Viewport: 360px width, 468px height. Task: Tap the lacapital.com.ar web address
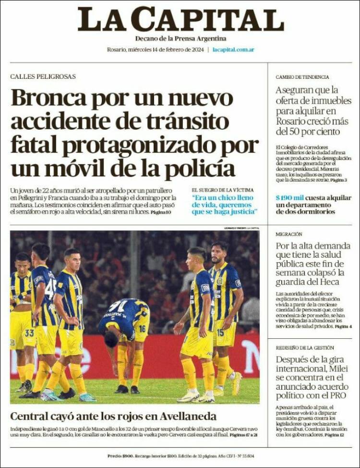(233, 49)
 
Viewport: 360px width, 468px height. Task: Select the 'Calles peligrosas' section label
(43, 76)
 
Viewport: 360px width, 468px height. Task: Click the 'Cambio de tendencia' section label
(302, 77)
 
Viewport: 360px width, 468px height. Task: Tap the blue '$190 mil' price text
(289, 197)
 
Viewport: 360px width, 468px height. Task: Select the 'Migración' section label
(289, 234)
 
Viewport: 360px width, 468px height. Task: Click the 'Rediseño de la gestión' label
(305, 347)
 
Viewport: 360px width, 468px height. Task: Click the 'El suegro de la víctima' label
(223, 190)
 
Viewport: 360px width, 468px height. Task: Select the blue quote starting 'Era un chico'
(225, 204)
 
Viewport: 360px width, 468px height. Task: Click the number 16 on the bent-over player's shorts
(143, 329)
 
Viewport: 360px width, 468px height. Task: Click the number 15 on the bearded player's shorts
(220, 333)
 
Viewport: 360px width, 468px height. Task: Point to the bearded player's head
(220, 252)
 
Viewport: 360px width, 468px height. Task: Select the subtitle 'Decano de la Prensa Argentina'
(180, 38)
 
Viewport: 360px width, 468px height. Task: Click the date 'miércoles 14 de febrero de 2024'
(167, 49)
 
